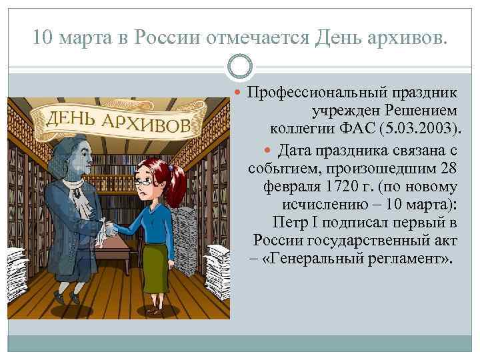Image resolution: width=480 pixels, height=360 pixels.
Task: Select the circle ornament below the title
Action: pos(240,67)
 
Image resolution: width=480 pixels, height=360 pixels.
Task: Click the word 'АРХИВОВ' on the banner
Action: pos(143,123)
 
